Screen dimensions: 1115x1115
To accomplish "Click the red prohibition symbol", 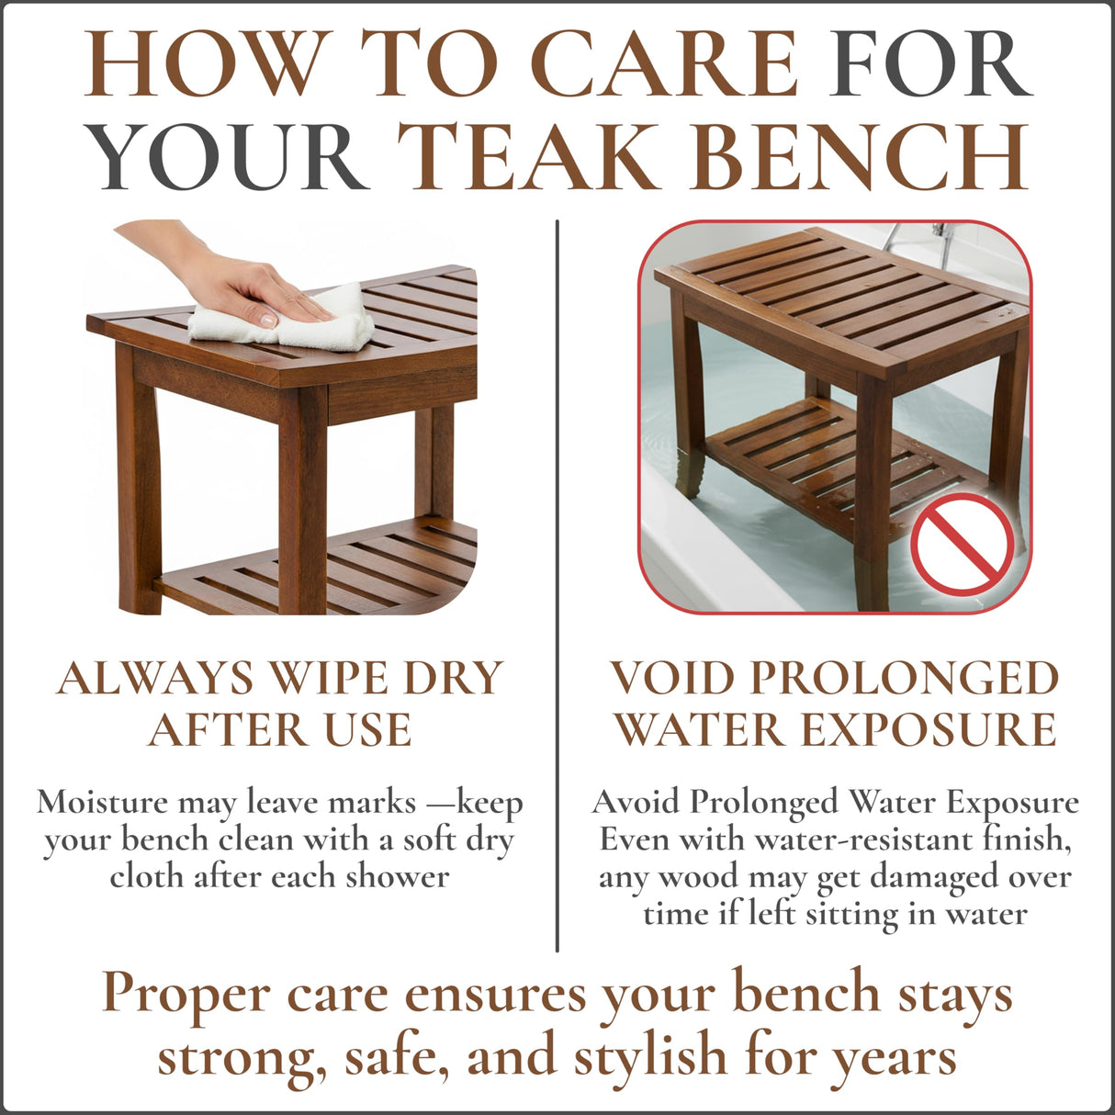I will click(962, 543).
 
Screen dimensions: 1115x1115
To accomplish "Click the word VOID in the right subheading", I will click(673, 679).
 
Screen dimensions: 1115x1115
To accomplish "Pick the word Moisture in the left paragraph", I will click(102, 803).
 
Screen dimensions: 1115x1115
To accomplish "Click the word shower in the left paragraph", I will click(397, 876).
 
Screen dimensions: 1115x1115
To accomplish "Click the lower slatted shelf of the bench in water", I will click(827, 459).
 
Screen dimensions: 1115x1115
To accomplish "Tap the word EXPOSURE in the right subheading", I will click(928, 731).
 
